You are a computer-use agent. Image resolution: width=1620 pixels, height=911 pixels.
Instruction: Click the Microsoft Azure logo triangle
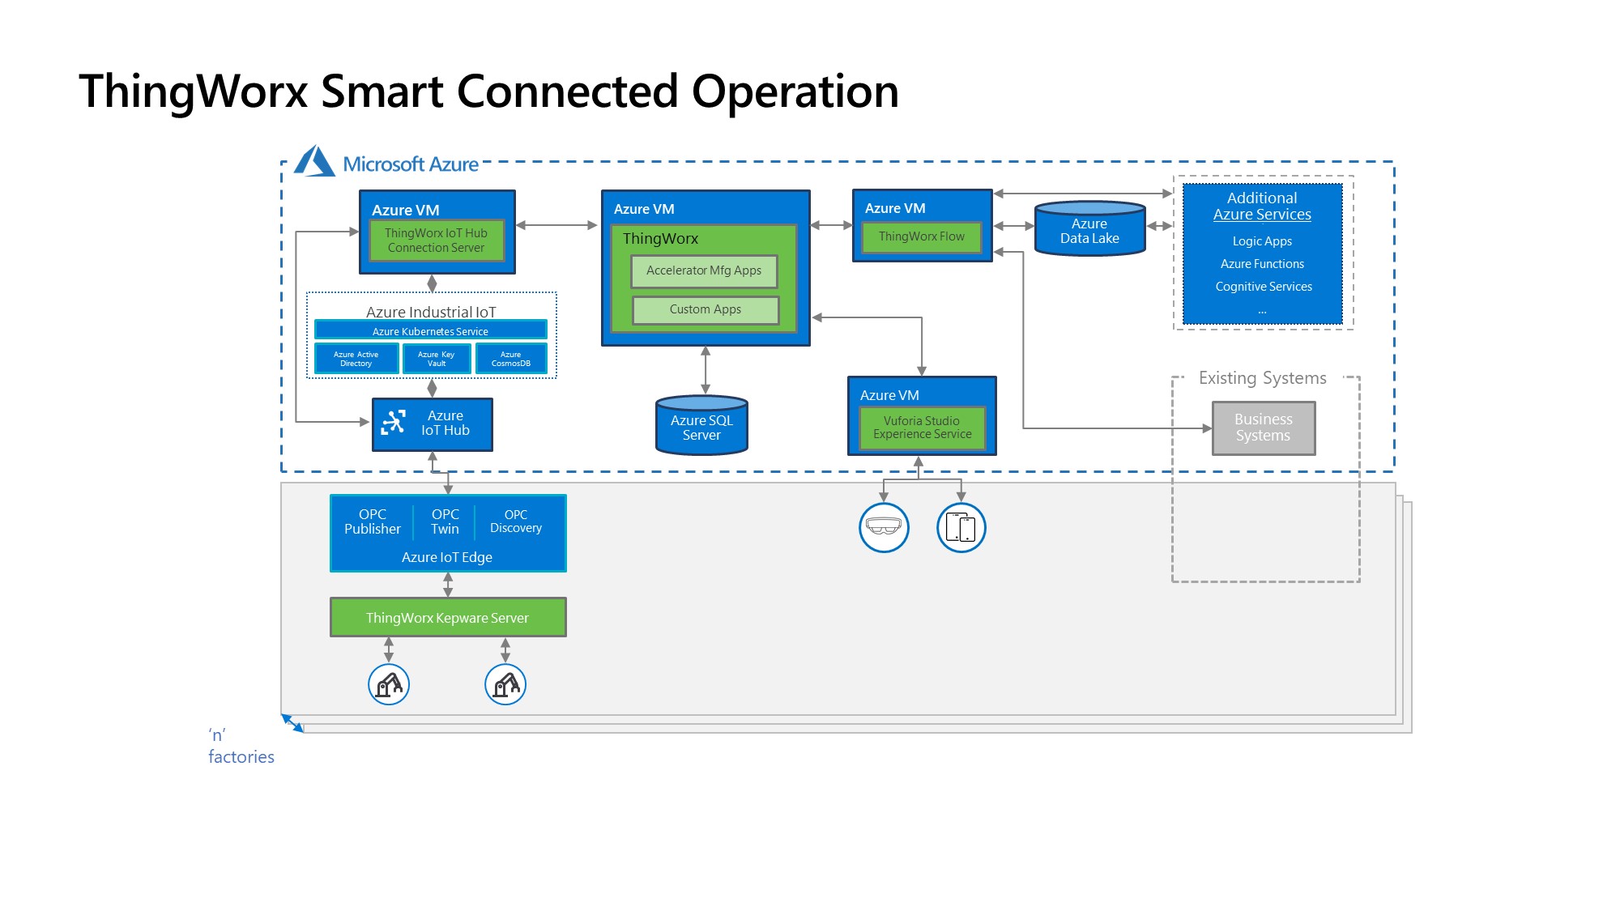click(314, 161)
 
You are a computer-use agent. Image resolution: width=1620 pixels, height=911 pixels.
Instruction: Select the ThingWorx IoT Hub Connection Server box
click(437, 241)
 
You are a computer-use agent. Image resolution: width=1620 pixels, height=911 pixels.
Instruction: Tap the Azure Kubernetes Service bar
click(430, 330)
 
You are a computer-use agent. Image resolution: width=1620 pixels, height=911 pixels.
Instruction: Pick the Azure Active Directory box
click(356, 359)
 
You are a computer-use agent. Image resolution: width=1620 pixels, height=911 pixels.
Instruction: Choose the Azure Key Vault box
click(437, 359)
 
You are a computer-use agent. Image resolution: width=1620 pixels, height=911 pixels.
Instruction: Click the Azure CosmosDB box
click(511, 359)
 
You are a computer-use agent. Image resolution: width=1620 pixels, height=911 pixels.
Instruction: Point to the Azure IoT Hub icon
click(394, 422)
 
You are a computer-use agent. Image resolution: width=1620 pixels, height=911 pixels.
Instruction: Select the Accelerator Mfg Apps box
click(704, 271)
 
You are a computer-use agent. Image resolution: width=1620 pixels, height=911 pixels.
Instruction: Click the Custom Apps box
click(706, 310)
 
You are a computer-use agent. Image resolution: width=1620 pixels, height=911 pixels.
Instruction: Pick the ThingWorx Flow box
click(922, 237)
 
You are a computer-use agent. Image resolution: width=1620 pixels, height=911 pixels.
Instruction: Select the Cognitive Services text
click(1264, 287)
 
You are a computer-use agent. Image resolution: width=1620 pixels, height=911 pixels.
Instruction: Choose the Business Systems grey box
click(1263, 428)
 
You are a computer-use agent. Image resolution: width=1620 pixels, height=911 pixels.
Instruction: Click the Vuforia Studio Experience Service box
click(922, 428)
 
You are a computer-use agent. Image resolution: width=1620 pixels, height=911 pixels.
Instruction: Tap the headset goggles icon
click(884, 527)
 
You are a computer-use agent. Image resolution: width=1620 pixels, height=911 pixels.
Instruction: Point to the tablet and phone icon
click(961, 527)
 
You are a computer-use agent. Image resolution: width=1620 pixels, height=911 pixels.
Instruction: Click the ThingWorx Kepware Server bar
click(447, 618)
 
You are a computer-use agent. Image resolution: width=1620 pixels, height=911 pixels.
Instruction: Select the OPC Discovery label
click(516, 521)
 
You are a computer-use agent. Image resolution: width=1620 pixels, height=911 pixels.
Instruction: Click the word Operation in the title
click(795, 92)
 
